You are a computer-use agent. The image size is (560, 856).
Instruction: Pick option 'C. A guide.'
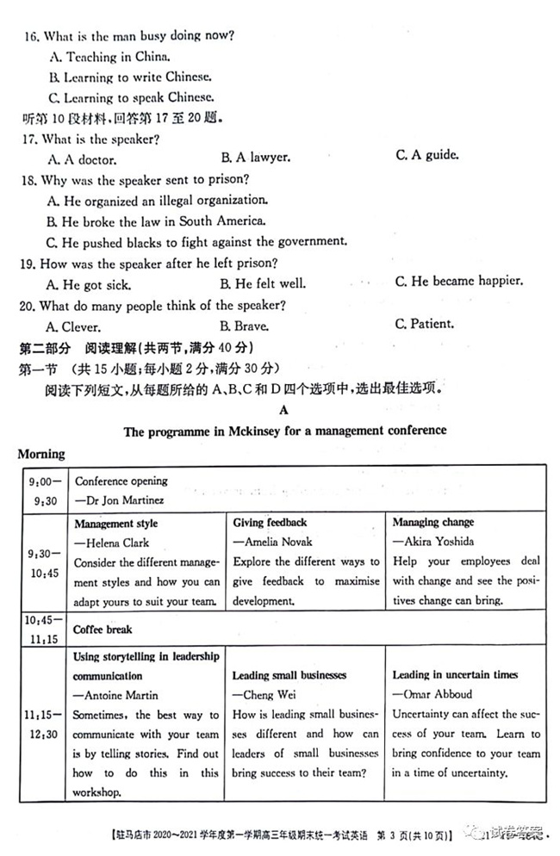click(427, 156)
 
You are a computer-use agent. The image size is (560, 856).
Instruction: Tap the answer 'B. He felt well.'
click(263, 282)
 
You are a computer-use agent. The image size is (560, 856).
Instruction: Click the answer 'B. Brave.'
click(245, 326)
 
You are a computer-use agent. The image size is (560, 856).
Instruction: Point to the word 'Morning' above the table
click(40, 454)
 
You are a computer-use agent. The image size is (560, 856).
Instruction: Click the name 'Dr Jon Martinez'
click(120, 499)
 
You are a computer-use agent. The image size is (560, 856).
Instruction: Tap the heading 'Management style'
click(115, 524)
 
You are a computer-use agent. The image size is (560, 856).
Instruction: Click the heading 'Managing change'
click(433, 523)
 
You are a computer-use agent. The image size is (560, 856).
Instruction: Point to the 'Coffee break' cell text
click(103, 630)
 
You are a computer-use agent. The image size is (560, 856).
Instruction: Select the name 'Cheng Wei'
click(268, 695)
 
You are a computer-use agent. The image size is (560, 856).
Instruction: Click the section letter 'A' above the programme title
click(284, 412)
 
